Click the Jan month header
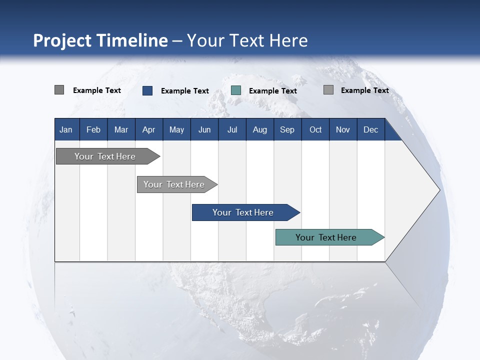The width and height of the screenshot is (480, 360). click(x=66, y=129)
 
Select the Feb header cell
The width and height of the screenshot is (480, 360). click(x=93, y=129)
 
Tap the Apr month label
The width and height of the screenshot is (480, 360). click(x=148, y=129)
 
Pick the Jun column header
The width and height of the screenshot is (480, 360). click(x=204, y=129)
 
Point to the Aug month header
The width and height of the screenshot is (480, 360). click(x=259, y=129)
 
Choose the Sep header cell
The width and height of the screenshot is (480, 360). click(x=287, y=129)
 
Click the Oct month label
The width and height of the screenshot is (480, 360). click(x=315, y=129)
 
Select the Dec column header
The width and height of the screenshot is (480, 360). click(x=370, y=129)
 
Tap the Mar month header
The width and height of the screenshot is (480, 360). click(x=121, y=129)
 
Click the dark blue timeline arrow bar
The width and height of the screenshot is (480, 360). click(x=242, y=212)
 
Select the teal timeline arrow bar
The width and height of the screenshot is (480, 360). click(x=326, y=237)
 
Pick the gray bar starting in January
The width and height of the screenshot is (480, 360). click(x=105, y=156)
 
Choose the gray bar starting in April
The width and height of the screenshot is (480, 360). click(x=174, y=184)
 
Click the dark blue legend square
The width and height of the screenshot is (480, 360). click(x=147, y=90)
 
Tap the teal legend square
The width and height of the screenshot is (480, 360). click(x=236, y=90)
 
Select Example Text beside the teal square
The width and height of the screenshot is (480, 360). click(x=272, y=91)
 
